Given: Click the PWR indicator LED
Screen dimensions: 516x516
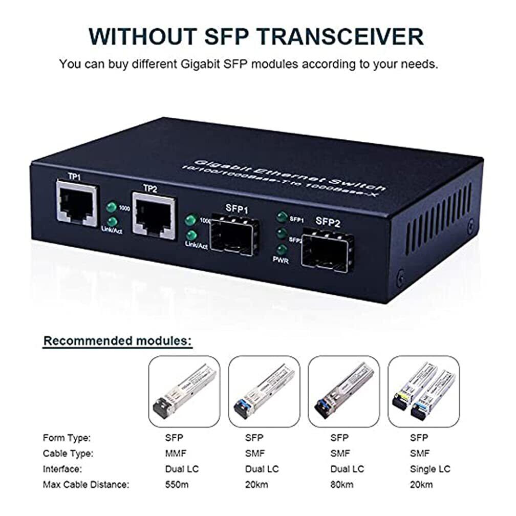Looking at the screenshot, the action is click(x=281, y=251).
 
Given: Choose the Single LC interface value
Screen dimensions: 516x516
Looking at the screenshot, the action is click(x=431, y=468).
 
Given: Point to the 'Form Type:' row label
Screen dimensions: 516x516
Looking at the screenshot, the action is click(x=67, y=438).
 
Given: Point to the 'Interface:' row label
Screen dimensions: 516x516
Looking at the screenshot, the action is click(x=63, y=468).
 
